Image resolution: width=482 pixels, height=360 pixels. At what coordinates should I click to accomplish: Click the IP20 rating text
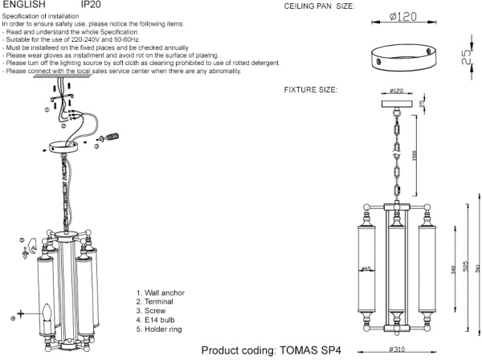[91, 5]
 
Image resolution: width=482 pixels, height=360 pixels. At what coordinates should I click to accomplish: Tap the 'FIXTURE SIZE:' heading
[311, 88]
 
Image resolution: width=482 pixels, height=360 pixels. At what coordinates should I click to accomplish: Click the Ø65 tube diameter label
[366, 269]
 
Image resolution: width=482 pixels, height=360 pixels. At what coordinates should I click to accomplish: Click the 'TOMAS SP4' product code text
[308, 350]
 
